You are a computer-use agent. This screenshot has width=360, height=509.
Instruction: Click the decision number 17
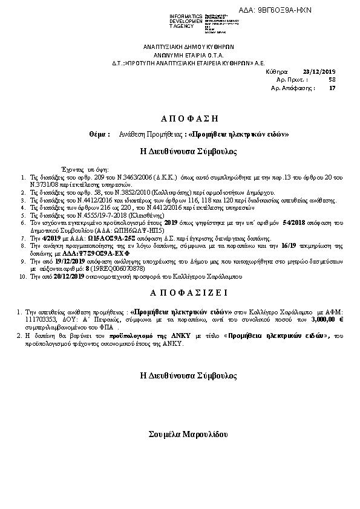[332, 88]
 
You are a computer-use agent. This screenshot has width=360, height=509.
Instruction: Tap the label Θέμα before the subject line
[99, 134]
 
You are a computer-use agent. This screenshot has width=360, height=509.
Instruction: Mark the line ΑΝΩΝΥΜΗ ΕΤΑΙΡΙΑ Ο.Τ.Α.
[188, 54]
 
